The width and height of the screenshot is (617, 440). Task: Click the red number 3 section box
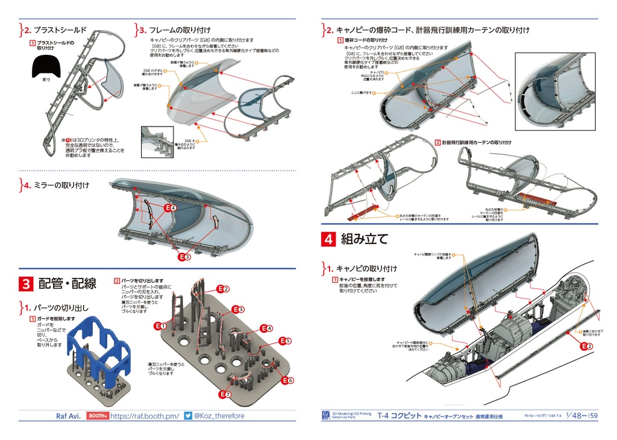(x=27, y=283)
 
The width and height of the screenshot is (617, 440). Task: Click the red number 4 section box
(x=329, y=239)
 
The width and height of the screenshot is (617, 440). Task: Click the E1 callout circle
(x=159, y=326)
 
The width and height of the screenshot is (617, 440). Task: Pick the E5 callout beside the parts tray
(x=284, y=341)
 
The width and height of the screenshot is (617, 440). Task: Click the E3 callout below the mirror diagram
(x=184, y=257)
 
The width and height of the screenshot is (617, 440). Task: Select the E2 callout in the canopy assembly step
(x=586, y=345)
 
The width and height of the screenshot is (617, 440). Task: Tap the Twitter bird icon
(x=188, y=416)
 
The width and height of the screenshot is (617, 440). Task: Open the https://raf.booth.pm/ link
(x=145, y=416)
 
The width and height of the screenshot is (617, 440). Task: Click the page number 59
(x=594, y=415)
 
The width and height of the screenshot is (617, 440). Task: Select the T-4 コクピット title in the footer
(x=398, y=416)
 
